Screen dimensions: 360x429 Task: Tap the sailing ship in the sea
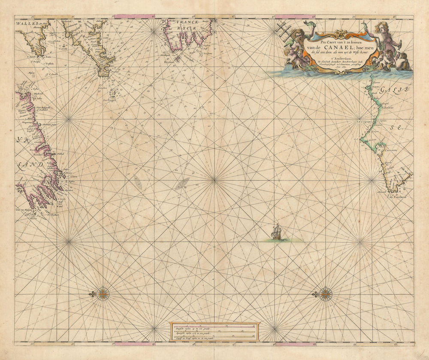pos(277,233)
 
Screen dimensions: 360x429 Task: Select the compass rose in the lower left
pos(103,294)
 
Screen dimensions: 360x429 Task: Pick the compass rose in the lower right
pos(326,294)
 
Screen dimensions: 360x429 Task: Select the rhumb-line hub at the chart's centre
pos(214,181)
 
